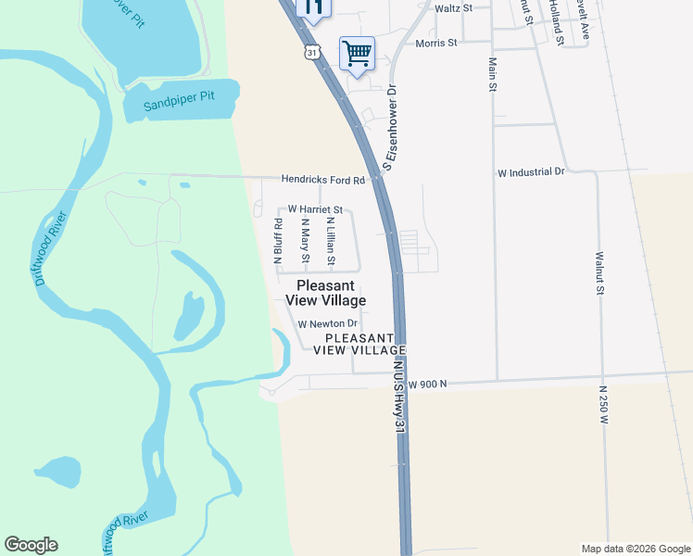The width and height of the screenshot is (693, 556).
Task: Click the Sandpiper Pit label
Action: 180,105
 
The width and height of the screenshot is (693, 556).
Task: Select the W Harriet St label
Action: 315,210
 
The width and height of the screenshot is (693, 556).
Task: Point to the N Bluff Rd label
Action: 278,241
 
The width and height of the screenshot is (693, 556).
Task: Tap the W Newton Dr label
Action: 327,323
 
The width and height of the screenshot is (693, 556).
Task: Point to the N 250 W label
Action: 603,405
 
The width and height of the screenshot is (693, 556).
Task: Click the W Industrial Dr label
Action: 531,172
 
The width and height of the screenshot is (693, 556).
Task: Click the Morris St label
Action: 436,43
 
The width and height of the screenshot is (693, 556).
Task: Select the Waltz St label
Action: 454,7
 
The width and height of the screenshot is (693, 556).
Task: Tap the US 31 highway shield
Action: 313,53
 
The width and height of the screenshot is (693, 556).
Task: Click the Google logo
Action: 31,545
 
